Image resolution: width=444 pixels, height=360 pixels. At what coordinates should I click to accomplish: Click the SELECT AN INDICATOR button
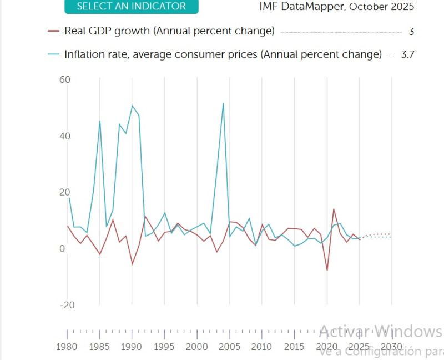pos(131,7)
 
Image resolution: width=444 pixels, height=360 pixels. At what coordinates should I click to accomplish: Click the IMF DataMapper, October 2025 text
pos(337,7)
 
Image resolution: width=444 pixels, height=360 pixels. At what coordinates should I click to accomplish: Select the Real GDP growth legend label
pos(169,31)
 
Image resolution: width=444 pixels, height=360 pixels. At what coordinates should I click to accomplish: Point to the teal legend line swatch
pos(54,54)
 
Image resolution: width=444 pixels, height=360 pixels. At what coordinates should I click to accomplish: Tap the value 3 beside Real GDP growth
pos(411,32)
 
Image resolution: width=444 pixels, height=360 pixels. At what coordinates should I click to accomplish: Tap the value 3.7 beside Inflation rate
pos(408,54)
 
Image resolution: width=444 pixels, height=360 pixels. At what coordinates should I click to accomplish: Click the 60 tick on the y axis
pos(65,80)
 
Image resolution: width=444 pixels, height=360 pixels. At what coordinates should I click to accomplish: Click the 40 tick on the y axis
pos(65,136)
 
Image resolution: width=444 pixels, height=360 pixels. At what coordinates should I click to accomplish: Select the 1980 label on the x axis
pos(67,347)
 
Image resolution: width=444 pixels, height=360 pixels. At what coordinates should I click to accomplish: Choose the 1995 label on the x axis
pos(164,347)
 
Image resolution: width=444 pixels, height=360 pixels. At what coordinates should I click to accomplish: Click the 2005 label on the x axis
pos(229,347)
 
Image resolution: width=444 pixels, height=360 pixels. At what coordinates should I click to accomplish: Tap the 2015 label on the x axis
pos(294,347)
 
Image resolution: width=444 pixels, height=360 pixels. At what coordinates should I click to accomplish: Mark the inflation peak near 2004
pos(223,103)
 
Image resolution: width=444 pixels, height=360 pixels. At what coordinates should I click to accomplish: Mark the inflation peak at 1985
pos(100,121)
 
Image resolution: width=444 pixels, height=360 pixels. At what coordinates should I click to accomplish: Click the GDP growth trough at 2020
pos(327,271)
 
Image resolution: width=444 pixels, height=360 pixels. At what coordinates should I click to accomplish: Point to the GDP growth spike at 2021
pos(334,209)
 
